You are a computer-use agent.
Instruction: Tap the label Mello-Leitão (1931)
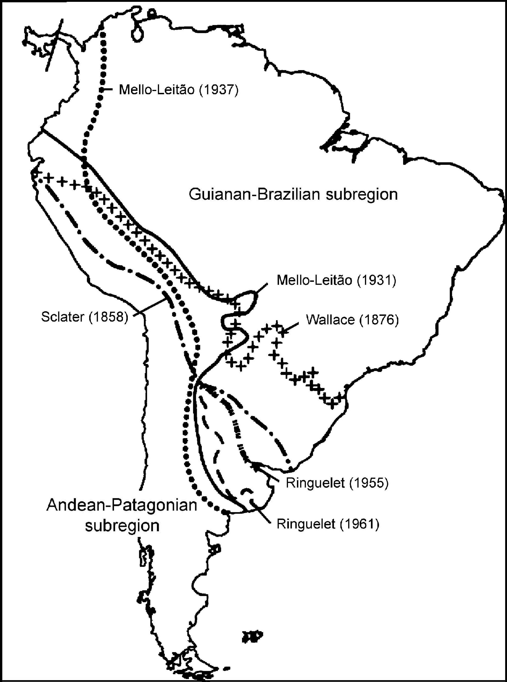tap(336, 280)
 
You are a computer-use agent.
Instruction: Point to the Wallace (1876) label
tap(352, 320)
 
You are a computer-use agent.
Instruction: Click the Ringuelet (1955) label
tap(337, 483)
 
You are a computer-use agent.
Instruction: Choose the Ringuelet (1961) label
tap(328, 524)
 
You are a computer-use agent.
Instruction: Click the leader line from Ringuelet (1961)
tap(261, 513)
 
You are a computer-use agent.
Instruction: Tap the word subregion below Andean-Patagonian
tap(122, 526)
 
